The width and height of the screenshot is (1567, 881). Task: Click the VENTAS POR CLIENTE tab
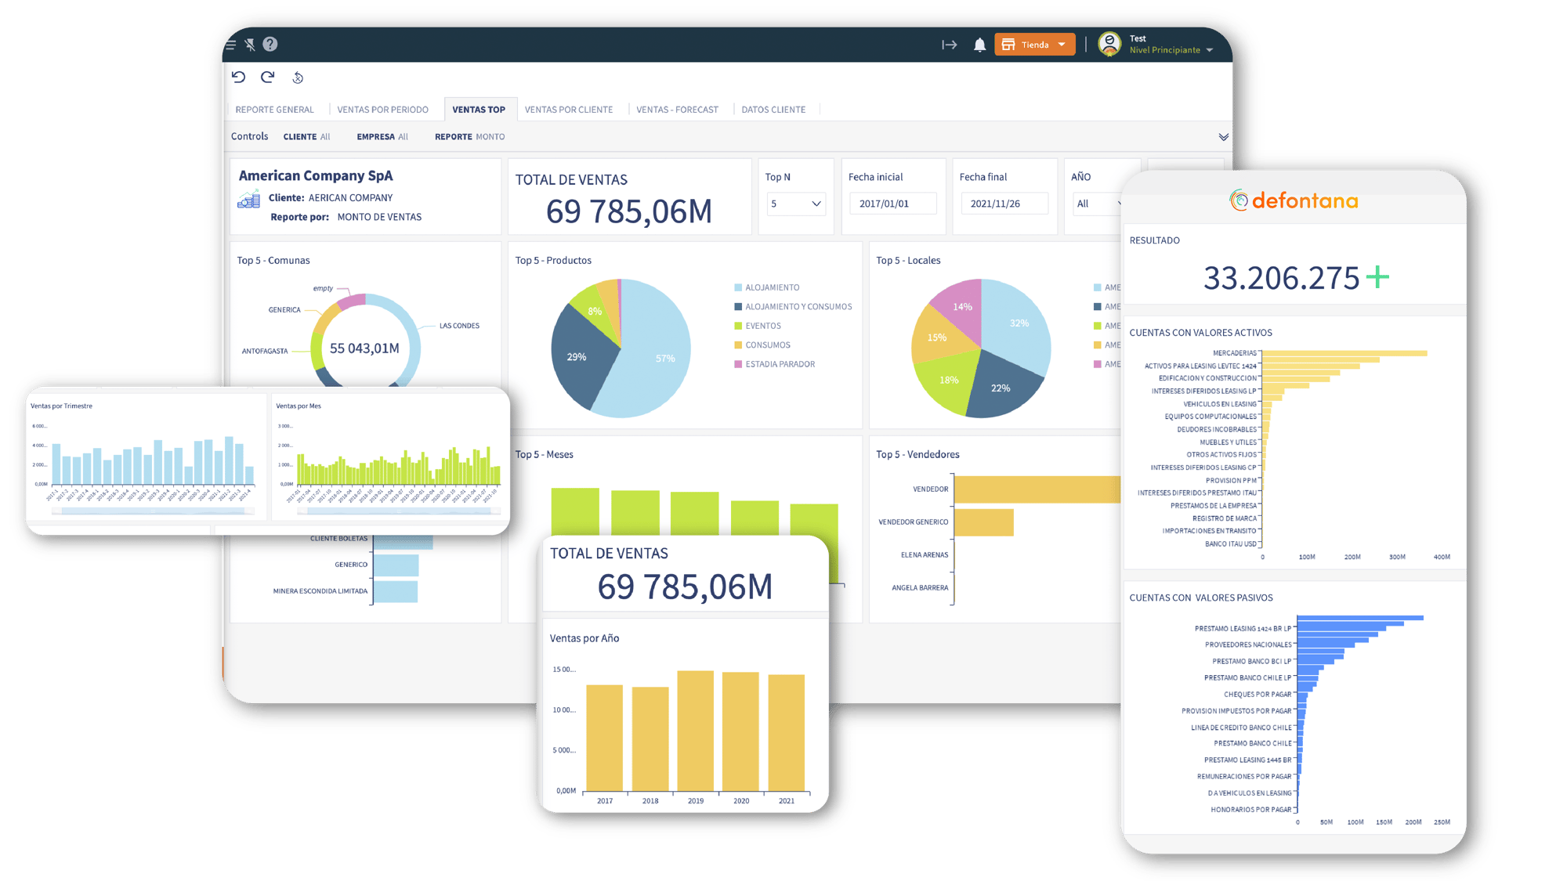pyautogui.click(x=568, y=110)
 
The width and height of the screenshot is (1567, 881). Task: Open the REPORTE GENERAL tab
pyautogui.click(x=274, y=110)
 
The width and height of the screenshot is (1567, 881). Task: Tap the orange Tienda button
pyautogui.click(x=1034, y=45)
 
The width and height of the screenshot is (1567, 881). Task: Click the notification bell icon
pyautogui.click(x=979, y=45)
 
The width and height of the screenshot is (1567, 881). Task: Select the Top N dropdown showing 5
pyautogui.click(x=795, y=204)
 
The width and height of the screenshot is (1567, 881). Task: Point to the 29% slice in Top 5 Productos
pyautogui.click(x=580, y=356)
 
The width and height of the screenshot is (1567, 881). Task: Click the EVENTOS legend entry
pyautogui.click(x=762, y=326)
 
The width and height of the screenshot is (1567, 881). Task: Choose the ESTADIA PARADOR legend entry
pyautogui.click(x=780, y=364)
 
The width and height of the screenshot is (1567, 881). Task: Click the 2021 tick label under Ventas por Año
pyautogui.click(x=787, y=801)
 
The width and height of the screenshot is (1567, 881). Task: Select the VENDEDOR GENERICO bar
pyautogui.click(x=983, y=522)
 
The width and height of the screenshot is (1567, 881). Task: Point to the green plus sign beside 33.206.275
pyautogui.click(x=1377, y=277)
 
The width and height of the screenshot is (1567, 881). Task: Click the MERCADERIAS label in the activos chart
pyautogui.click(x=1234, y=353)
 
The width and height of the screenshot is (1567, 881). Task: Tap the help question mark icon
pyautogui.click(x=270, y=45)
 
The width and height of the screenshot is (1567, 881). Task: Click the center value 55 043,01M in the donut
pyautogui.click(x=364, y=348)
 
